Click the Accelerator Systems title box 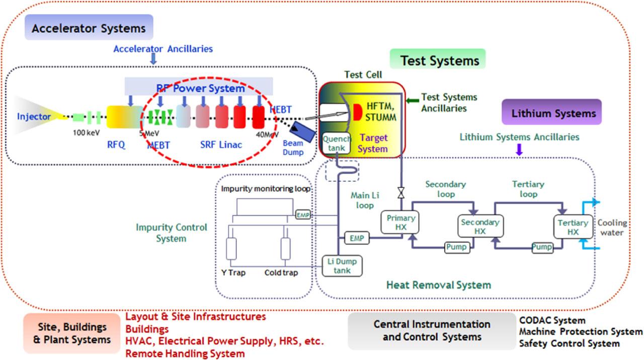[89, 28]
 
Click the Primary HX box [400, 223]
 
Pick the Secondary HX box [479, 226]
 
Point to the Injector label [34, 117]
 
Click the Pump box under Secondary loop [457, 247]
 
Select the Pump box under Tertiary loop [542, 247]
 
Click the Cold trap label [281, 273]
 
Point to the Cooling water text [612, 228]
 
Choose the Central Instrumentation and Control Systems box [431, 330]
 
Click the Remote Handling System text [185, 353]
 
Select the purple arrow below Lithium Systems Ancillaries [519, 149]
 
